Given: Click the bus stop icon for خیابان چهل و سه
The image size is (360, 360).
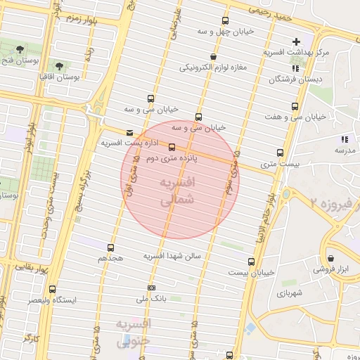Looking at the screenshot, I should (x=225, y=21).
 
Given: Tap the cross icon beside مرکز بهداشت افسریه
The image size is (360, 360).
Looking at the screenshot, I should (x=297, y=42).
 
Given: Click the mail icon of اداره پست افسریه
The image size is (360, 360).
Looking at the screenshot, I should (x=129, y=132).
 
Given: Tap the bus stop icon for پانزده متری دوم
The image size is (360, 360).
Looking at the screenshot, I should (x=172, y=147).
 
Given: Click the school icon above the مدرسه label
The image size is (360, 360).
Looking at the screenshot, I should (x=345, y=139).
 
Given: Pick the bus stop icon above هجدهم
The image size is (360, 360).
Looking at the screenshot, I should (x=110, y=247).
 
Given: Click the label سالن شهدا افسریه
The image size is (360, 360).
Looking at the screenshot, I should (x=172, y=256).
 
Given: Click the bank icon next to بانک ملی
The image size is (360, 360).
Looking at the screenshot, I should (x=151, y=288).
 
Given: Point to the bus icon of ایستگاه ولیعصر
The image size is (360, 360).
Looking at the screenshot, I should (x=52, y=289).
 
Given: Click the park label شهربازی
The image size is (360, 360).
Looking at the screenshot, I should (x=289, y=292).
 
